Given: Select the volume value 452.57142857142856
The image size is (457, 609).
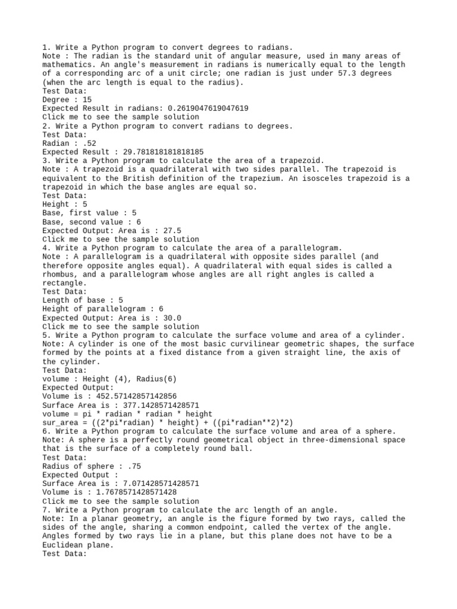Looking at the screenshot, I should (132, 396).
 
